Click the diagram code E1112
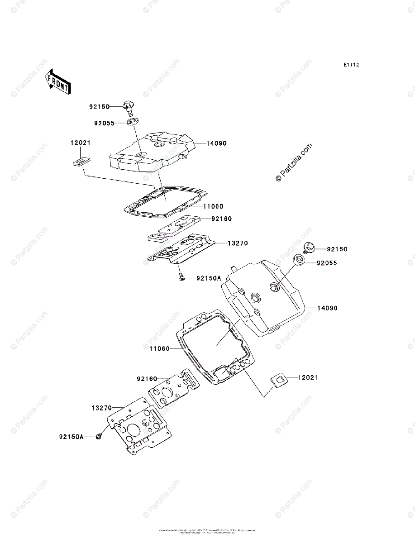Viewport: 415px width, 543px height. tap(351, 65)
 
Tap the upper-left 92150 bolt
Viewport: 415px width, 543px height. tap(129, 108)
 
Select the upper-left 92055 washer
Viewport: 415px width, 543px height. tap(133, 122)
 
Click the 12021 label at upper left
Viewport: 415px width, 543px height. tap(80, 143)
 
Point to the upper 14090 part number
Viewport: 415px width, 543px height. tap(216, 143)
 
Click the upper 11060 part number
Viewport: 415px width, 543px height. tap(213, 206)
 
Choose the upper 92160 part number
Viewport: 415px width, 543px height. tap(221, 219)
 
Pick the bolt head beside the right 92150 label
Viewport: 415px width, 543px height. tap(310, 247)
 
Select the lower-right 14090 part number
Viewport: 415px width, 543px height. tap(327, 308)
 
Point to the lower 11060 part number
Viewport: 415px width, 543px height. tap(159, 348)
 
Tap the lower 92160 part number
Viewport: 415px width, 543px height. tap(147, 379)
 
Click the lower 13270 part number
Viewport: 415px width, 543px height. tap(101, 408)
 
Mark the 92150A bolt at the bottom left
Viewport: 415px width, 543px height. tap(99, 436)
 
